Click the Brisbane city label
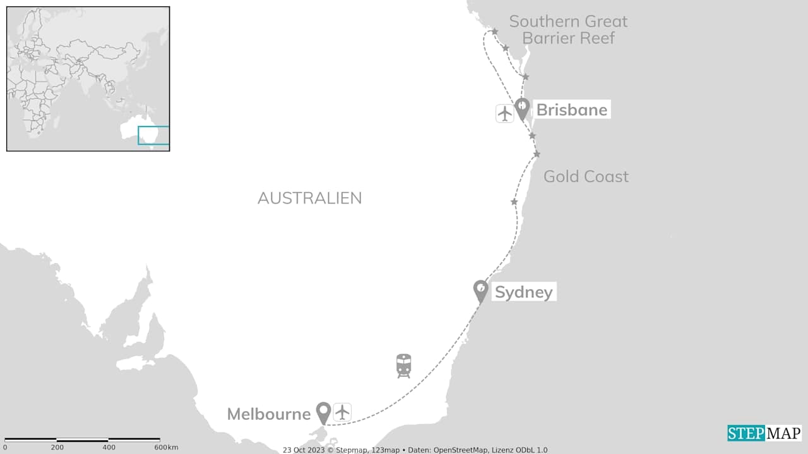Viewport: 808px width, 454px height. pyautogui.click(x=571, y=110)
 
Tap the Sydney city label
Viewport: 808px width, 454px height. pyautogui.click(x=523, y=292)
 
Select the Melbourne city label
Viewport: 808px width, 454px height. pyautogui.click(x=268, y=414)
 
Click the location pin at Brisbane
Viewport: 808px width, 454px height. pyautogui.click(x=521, y=108)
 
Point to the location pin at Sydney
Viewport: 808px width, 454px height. pyautogui.click(x=481, y=291)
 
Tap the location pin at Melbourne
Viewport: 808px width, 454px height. pyautogui.click(x=323, y=412)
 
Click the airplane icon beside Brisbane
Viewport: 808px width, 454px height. pyautogui.click(x=504, y=113)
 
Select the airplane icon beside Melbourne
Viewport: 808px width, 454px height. pyautogui.click(x=342, y=412)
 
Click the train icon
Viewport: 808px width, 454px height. pyautogui.click(x=404, y=365)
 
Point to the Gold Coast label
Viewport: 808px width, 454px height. pyautogui.click(x=586, y=176)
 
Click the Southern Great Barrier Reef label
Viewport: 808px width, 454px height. pyautogui.click(x=568, y=30)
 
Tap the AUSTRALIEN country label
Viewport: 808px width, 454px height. pyautogui.click(x=309, y=198)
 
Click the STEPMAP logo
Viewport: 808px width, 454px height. pyautogui.click(x=764, y=433)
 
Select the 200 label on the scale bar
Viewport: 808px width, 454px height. pyautogui.click(x=57, y=448)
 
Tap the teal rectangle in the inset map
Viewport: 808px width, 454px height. pyautogui.click(x=153, y=135)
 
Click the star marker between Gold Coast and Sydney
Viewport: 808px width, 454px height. pyautogui.click(x=514, y=202)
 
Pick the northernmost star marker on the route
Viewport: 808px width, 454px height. pyautogui.click(x=494, y=32)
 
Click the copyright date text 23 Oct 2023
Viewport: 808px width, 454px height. pyautogui.click(x=303, y=450)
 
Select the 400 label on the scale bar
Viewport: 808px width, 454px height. pyautogui.click(x=109, y=448)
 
